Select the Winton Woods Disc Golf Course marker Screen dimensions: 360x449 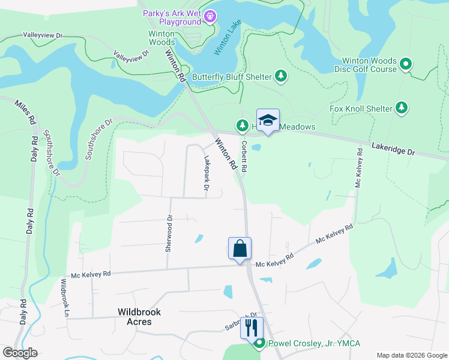(x=406, y=64)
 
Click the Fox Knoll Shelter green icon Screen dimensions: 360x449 (x=402, y=108)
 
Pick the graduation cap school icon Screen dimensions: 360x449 (x=268, y=119)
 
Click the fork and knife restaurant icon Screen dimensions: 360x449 (x=252, y=328)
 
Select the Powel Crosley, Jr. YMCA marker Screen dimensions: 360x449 (x=259, y=343)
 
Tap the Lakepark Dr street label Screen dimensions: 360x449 (x=206, y=174)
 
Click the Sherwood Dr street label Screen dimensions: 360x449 (x=169, y=234)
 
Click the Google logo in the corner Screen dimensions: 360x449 (x=20, y=353)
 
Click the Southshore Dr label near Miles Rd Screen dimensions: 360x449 (x=50, y=154)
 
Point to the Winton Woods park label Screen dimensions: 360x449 (x=162, y=38)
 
